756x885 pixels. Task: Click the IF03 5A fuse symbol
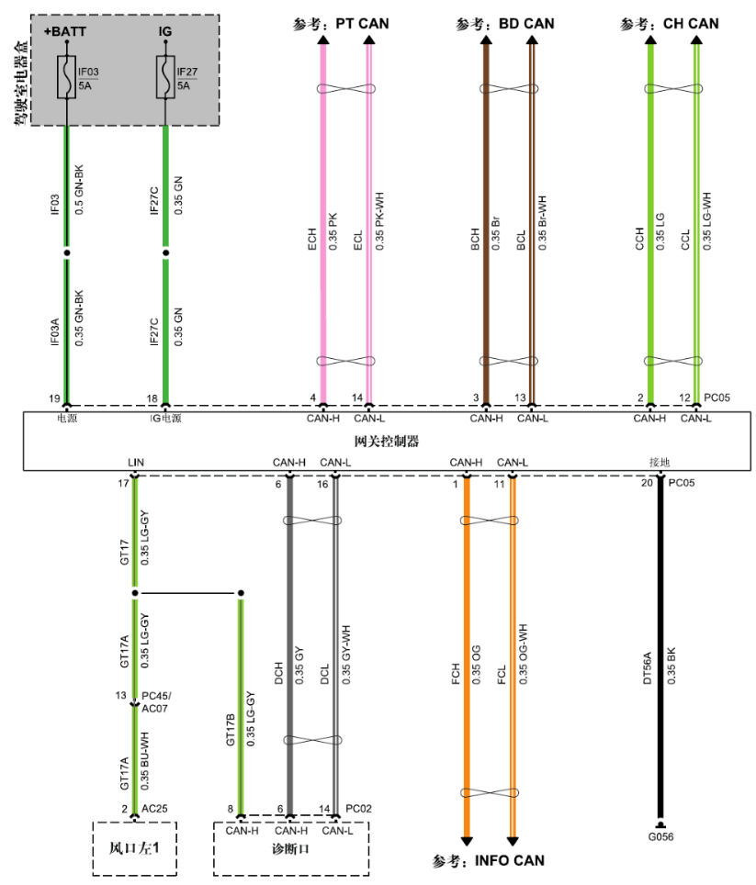click(x=67, y=77)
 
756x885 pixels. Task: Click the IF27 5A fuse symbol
click(x=165, y=77)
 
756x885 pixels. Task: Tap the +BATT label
click(x=64, y=32)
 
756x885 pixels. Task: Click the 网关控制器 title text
click(x=388, y=442)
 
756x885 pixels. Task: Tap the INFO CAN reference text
click(x=489, y=861)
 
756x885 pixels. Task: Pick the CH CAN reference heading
click(x=670, y=23)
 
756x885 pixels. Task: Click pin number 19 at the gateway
click(x=55, y=398)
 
